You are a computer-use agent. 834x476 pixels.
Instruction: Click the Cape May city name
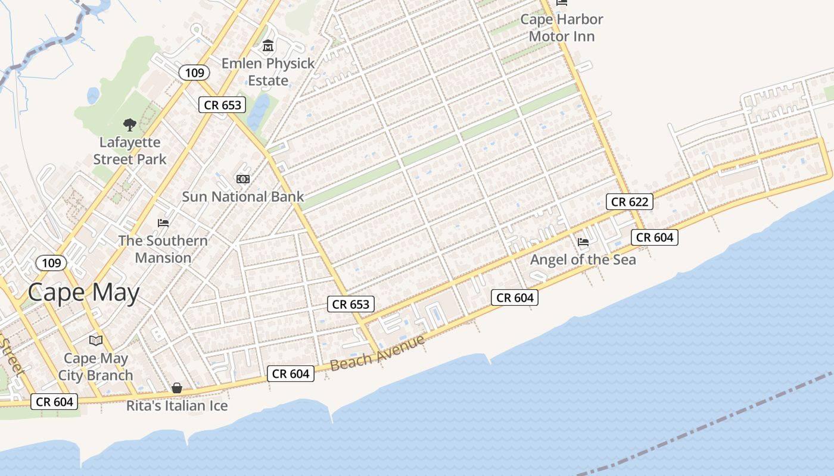83,293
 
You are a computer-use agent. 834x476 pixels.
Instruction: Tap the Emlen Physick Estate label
267,71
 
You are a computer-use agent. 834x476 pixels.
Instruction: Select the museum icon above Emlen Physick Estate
267,45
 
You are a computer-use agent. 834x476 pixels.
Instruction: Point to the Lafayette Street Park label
130,151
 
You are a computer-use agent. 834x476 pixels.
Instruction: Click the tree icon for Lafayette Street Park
129,124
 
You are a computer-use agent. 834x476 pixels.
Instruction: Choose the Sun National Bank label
243,196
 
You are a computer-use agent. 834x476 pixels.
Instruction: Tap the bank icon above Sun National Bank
243,178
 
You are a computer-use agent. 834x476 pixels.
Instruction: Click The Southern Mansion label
163,249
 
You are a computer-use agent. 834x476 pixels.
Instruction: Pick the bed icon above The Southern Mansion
163,223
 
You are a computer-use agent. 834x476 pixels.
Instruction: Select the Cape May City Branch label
95,367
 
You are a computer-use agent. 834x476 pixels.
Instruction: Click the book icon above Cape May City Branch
96,340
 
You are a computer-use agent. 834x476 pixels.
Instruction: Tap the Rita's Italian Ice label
177,406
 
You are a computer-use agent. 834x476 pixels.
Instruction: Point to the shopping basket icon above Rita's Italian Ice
177,388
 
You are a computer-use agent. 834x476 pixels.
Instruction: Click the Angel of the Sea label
583,259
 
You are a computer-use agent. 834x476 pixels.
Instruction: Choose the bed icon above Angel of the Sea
583,242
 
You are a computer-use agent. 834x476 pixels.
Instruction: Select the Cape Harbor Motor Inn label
562,27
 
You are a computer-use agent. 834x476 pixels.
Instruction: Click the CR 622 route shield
630,202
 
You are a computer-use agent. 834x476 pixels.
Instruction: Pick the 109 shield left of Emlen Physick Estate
194,73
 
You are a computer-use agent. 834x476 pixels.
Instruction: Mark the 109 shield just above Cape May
51,262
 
